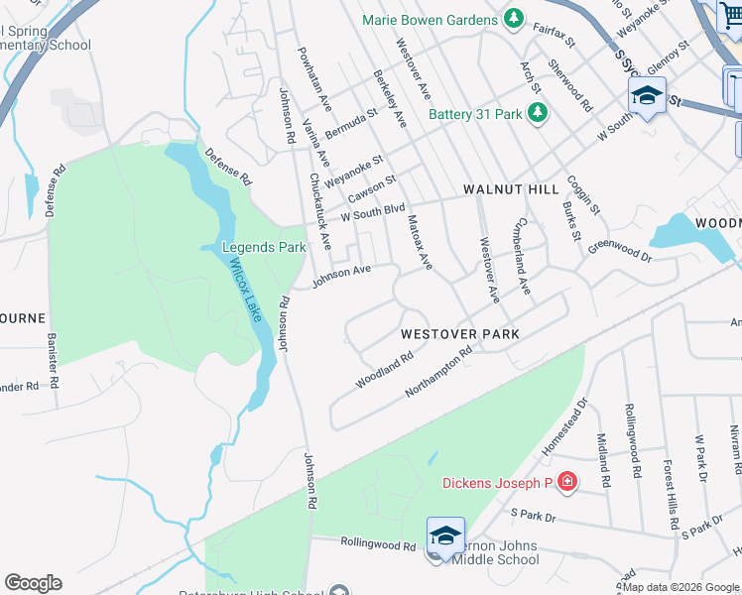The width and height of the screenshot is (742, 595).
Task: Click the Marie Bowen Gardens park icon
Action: (x=514, y=19)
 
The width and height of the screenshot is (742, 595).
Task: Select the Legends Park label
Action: (x=264, y=247)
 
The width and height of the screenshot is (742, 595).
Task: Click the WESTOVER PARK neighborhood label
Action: (x=460, y=334)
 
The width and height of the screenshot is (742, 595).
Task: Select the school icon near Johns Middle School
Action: (x=445, y=535)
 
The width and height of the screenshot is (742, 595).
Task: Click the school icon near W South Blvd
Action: (x=647, y=96)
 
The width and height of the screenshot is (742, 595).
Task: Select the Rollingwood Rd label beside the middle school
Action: (x=378, y=543)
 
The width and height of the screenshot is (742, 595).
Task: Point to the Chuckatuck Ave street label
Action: (x=319, y=211)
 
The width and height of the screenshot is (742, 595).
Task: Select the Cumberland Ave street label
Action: (x=524, y=257)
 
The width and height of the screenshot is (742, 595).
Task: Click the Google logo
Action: (x=33, y=583)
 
